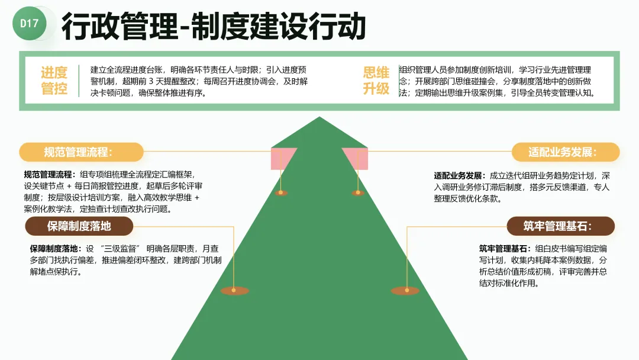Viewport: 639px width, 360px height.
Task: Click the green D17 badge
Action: pos(29,24)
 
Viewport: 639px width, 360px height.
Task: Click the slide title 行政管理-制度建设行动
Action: pos(213,27)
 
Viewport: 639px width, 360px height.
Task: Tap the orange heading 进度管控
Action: pos(54,81)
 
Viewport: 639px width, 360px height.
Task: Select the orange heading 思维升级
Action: pos(376,81)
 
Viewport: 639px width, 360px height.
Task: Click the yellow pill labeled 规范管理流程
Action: pos(81,152)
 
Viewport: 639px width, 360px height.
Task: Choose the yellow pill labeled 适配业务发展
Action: pos(565,152)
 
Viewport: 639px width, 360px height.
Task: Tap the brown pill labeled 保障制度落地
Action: pos(79,226)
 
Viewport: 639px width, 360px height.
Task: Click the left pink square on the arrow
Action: pos(284,159)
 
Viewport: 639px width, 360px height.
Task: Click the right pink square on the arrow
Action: pos(356,159)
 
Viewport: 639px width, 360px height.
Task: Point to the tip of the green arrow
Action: pos(319,119)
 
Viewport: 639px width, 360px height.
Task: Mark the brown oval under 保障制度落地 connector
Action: pos(234,291)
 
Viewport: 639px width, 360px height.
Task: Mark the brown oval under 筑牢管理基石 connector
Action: pos(405,291)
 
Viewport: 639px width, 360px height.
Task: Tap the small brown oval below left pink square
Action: pos(282,192)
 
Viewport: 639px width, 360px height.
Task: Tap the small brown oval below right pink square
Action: pos(357,192)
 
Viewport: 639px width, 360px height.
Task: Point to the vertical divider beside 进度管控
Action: pos(79,81)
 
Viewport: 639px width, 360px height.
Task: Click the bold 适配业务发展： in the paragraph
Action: pos(459,176)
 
